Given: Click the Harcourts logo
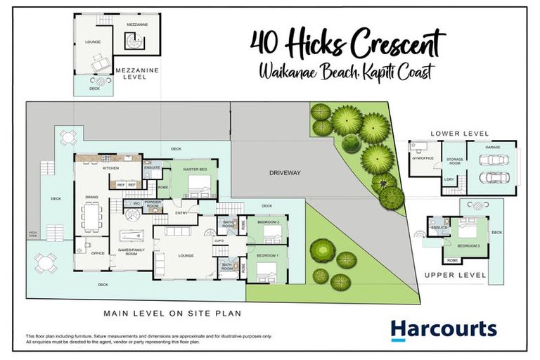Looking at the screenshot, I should [x=444, y=329].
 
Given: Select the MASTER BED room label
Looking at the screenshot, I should [x=195, y=169].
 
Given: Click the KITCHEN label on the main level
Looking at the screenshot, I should [x=111, y=168].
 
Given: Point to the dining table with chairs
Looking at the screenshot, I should [x=91, y=217].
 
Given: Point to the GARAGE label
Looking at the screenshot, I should [x=492, y=148].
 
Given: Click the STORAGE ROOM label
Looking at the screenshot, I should [x=454, y=161].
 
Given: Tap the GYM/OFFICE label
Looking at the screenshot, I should [x=421, y=159].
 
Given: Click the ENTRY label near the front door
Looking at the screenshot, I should [x=181, y=212].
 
